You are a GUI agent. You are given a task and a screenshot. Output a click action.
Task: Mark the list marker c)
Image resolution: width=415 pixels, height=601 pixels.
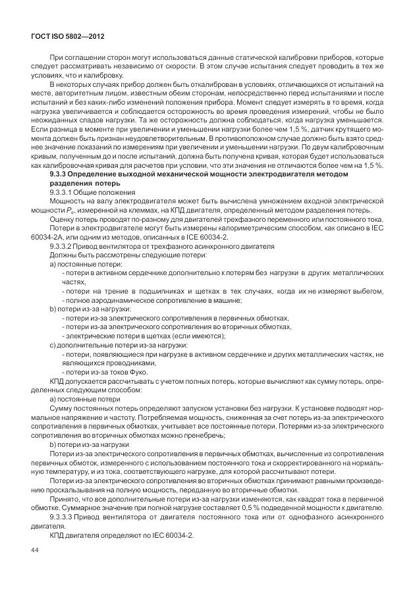point(53,344)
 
